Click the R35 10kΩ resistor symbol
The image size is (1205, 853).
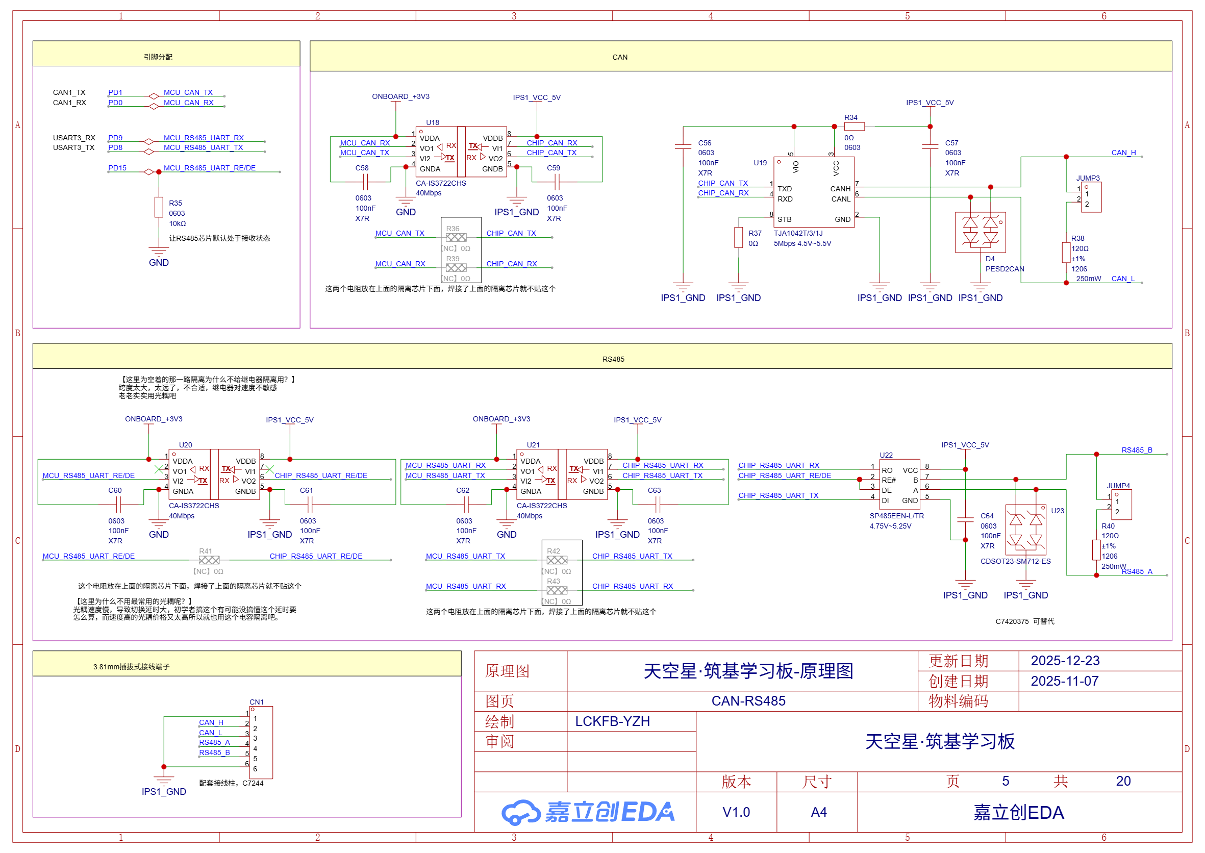(x=159, y=207)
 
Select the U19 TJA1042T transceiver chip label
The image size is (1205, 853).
(x=760, y=163)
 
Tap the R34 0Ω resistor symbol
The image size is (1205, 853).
(x=854, y=127)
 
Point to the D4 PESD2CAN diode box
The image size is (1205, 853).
(x=980, y=232)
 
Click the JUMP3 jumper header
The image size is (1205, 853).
(x=1091, y=197)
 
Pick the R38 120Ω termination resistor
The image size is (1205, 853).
(x=1066, y=253)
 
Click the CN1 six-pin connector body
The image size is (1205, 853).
(x=261, y=742)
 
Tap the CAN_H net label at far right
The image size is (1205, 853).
(x=1123, y=153)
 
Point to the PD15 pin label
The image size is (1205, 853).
(x=117, y=168)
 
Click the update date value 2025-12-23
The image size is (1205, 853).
(x=1065, y=661)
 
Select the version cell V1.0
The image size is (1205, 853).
(x=736, y=812)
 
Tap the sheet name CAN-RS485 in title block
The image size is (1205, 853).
(x=748, y=700)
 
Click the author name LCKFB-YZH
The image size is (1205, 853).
(x=612, y=721)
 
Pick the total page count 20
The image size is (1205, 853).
(x=1123, y=781)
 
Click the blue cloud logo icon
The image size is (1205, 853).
(x=520, y=812)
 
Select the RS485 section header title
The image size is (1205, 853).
(x=613, y=359)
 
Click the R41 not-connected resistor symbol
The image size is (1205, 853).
(x=209, y=561)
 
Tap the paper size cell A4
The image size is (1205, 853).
(x=818, y=812)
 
